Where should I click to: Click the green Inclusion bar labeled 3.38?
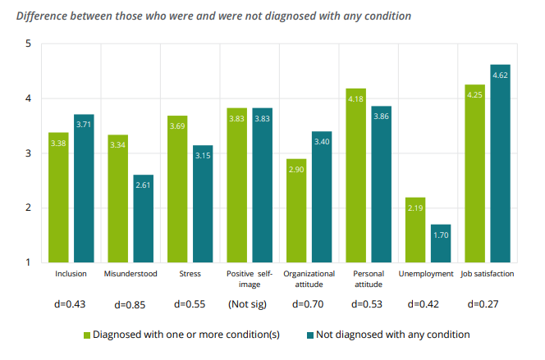pyautogui.click(x=58, y=197)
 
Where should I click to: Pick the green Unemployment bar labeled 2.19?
pyautogui.click(x=415, y=230)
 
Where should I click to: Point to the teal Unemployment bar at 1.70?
pyautogui.click(x=441, y=243)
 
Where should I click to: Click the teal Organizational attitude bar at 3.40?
pyautogui.click(x=322, y=197)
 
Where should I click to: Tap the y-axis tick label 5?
pyautogui.click(x=28, y=43)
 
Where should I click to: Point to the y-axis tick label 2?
pyautogui.click(x=28, y=208)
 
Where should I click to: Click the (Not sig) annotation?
pyautogui.click(x=249, y=305)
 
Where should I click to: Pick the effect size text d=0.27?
pyautogui.click(x=486, y=305)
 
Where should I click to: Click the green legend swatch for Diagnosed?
pyautogui.click(x=86, y=335)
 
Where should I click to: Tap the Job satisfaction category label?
pyautogui.click(x=488, y=274)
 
